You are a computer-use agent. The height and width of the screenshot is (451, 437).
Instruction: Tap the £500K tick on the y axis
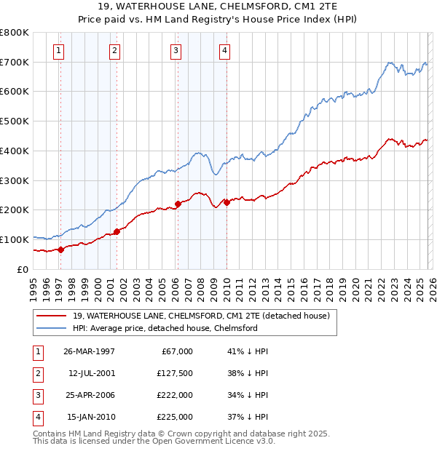click(15, 121)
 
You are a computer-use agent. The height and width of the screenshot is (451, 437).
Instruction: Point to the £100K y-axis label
click(15, 239)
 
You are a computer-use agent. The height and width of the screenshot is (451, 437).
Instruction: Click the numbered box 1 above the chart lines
click(58, 50)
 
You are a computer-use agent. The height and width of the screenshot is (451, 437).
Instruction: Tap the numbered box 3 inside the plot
click(176, 50)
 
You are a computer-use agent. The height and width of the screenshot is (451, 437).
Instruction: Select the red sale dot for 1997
click(61, 249)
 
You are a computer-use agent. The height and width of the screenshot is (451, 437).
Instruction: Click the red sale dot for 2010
click(227, 202)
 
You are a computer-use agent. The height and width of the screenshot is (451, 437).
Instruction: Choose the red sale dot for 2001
click(117, 231)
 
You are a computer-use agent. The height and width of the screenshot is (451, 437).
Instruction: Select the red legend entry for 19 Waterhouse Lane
click(201, 316)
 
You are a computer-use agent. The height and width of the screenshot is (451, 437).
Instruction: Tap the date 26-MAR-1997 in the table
click(90, 351)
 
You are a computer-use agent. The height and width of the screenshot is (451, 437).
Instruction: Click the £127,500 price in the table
click(175, 373)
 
